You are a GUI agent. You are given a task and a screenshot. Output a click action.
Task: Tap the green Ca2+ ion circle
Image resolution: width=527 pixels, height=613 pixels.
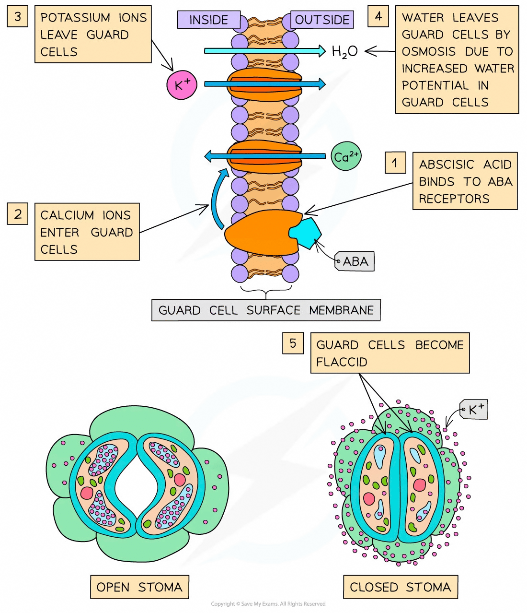point(346,157)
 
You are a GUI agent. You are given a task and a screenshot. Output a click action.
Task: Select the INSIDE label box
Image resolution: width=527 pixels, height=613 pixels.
point(208,20)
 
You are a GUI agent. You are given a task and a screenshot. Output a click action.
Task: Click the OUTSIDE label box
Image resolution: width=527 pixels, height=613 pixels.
point(322,20)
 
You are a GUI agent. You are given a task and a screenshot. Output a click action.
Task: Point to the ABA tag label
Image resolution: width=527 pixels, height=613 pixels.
point(355,262)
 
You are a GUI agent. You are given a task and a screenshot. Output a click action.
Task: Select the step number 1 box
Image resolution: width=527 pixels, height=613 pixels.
point(395,163)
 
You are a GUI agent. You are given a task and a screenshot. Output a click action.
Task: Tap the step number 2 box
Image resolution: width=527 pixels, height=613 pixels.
point(18,214)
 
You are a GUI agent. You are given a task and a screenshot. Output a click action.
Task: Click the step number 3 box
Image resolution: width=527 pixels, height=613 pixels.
point(18,17)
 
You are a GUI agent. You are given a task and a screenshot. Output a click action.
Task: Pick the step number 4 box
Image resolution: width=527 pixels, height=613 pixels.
point(378,17)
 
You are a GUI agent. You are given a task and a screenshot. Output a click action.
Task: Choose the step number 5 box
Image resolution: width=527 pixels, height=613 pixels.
point(293,343)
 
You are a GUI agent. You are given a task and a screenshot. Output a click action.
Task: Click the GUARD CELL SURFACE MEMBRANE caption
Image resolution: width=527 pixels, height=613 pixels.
point(266,310)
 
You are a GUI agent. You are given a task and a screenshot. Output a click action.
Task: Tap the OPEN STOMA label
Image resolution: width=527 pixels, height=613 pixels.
point(139,587)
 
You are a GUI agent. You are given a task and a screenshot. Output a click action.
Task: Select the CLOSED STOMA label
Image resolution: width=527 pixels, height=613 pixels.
point(400,587)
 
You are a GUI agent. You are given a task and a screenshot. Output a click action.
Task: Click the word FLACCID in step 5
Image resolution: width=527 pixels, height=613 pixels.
point(342,362)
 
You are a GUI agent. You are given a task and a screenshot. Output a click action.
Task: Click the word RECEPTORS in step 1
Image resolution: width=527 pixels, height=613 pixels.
point(454,199)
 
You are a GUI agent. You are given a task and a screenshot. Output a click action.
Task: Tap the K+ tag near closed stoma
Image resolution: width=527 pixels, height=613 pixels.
point(475,410)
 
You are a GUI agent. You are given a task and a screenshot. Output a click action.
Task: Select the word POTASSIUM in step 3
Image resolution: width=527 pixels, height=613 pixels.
point(76,18)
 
